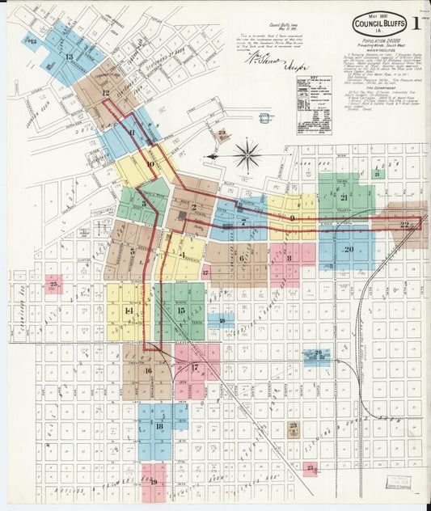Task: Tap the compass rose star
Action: click(247, 154)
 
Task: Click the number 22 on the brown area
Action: click(406, 225)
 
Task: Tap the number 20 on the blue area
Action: click(349, 248)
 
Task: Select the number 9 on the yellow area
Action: click(292, 218)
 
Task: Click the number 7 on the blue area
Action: click(243, 221)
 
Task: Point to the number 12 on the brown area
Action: click(106, 93)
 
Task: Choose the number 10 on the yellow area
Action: click(150, 164)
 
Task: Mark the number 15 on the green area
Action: click(181, 310)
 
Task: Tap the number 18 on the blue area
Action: click(159, 426)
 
